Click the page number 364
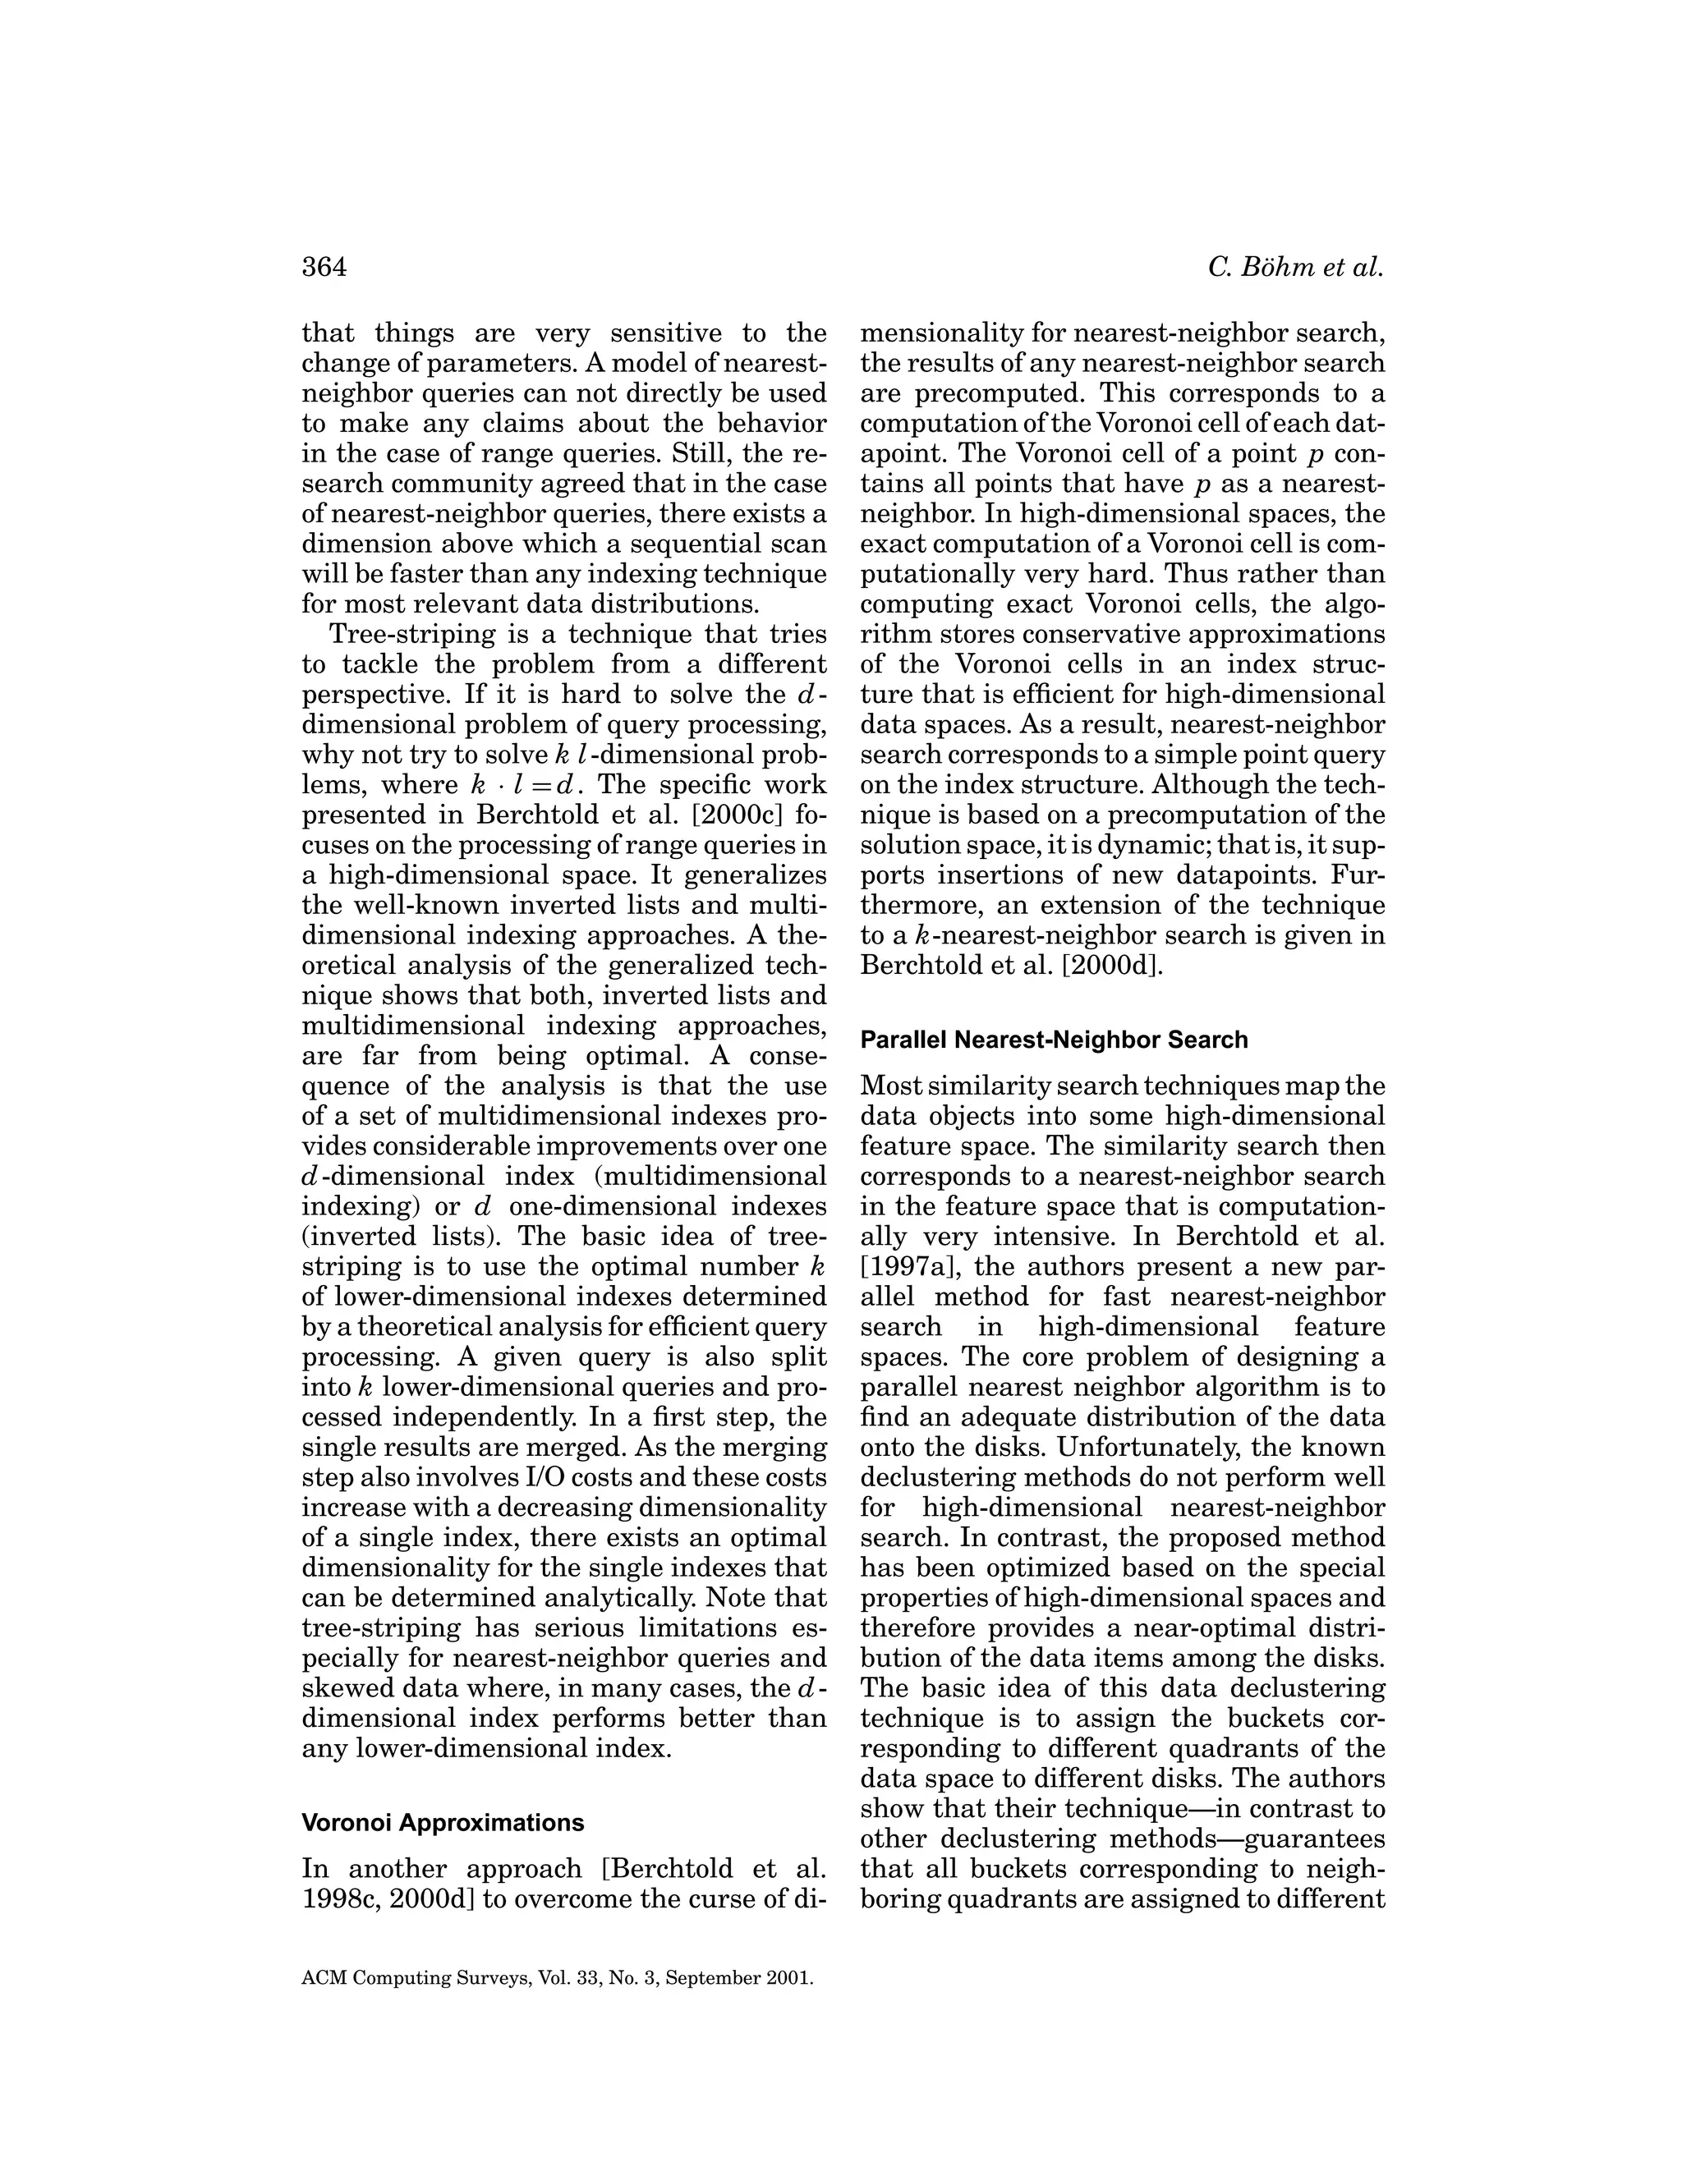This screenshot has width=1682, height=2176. (324, 267)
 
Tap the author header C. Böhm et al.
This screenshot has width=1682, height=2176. (1295, 267)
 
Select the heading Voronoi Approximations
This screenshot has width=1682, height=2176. (443, 1822)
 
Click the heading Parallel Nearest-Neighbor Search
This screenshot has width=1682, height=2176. (1053, 1040)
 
